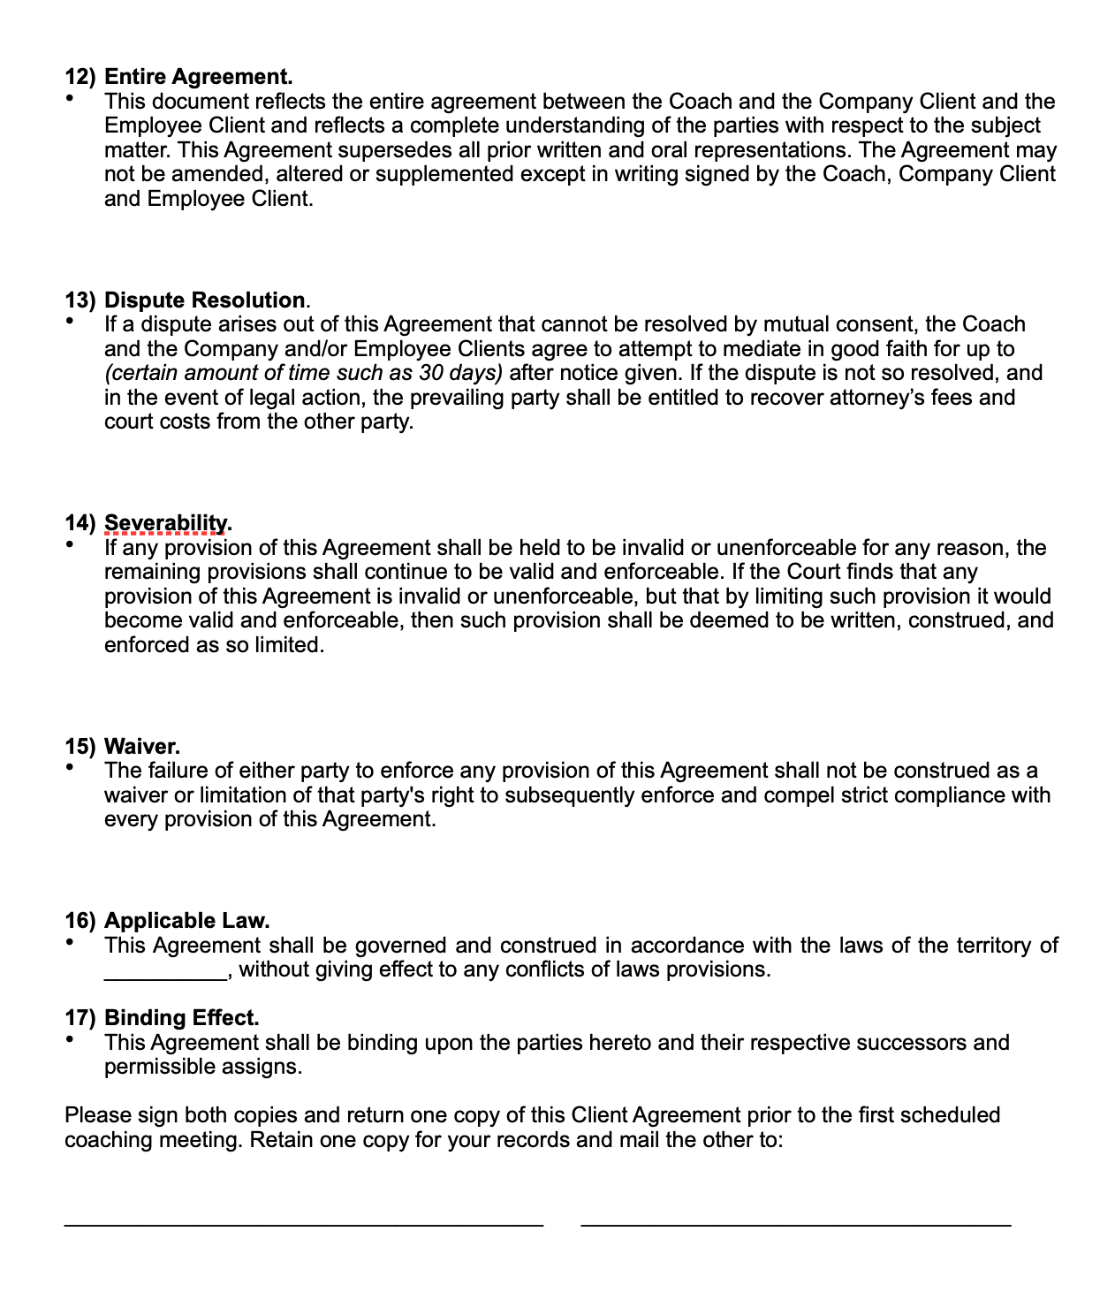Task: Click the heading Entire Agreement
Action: click(x=198, y=77)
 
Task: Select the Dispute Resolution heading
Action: click(x=204, y=300)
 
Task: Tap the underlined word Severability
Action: click(x=165, y=523)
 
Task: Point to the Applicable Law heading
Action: click(x=186, y=921)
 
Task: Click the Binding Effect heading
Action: click(x=181, y=1018)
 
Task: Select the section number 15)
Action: click(x=80, y=747)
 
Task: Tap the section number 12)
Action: click(x=80, y=77)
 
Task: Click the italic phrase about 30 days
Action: click(x=303, y=373)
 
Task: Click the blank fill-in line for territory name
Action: click(x=165, y=972)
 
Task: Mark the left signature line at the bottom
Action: click(x=303, y=1225)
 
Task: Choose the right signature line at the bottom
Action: click(x=795, y=1225)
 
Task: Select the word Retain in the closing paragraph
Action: click(x=280, y=1140)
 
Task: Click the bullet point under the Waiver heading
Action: click(x=70, y=768)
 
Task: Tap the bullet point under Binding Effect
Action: click(x=70, y=1040)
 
